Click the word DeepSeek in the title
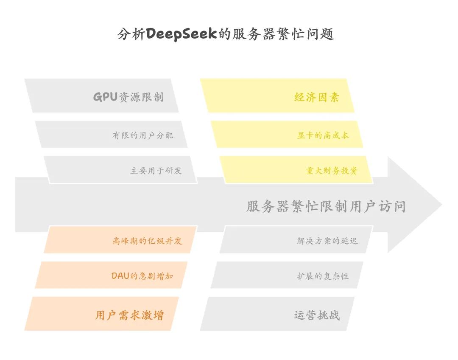182,34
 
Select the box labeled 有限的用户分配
111,134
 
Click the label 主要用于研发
156,171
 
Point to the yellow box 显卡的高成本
287,134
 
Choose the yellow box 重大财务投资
296,170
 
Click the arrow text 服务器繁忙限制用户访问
326,206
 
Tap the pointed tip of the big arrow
442,205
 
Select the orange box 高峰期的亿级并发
120,240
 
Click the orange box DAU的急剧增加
111,275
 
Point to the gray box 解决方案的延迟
296,240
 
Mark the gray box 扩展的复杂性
287,275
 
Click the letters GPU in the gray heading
105,97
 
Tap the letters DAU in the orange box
120,276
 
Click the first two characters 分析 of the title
131,34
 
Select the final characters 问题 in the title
320,34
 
